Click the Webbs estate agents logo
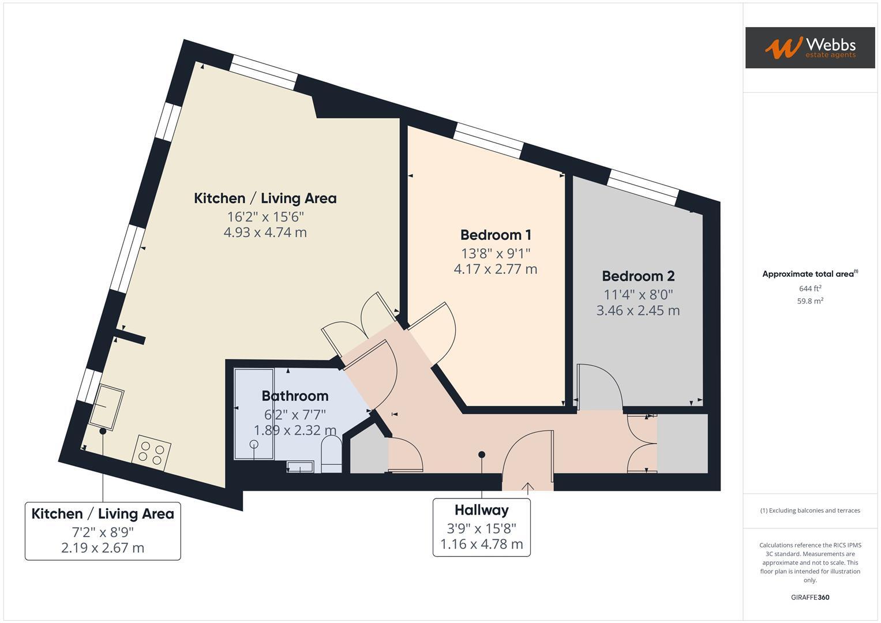[x=809, y=47]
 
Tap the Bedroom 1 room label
[x=496, y=235]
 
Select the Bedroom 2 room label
[x=638, y=276]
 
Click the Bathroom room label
[x=295, y=396]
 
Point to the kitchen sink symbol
[x=107, y=406]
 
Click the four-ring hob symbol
[x=152, y=452]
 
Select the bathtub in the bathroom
[x=254, y=414]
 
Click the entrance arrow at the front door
[x=528, y=488]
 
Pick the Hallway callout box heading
[x=481, y=510]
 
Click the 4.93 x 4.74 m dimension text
[x=265, y=232]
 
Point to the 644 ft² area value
[x=809, y=288]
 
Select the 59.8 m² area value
[x=809, y=301]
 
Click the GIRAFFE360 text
[x=809, y=597]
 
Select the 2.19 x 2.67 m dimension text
[x=103, y=547]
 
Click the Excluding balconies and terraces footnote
[x=809, y=511]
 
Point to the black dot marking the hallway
[x=482, y=455]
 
